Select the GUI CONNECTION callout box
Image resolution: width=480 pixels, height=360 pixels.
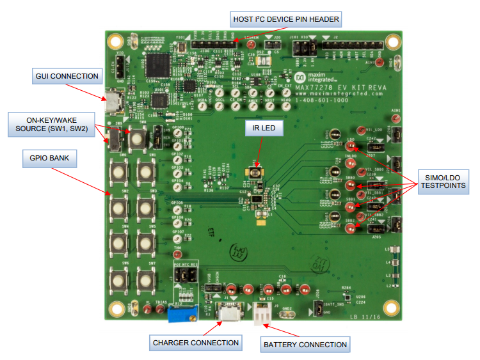[67, 77]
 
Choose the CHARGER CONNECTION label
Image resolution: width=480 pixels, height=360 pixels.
[195, 343]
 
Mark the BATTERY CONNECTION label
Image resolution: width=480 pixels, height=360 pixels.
[305, 345]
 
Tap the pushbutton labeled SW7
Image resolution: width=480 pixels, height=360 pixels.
[145, 279]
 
